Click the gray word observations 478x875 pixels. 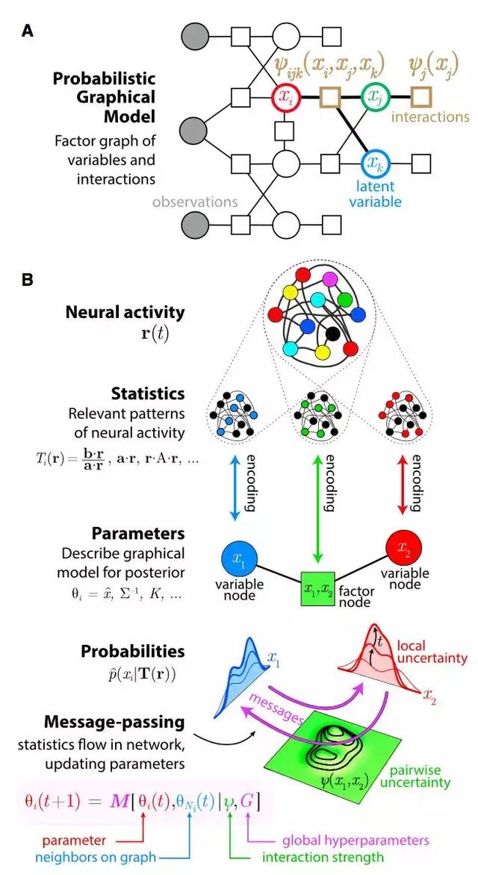(x=195, y=202)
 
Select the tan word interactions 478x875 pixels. (x=430, y=117)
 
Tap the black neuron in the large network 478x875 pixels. (x=334, y=334)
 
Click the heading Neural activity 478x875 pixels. (x=125, y=312)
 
